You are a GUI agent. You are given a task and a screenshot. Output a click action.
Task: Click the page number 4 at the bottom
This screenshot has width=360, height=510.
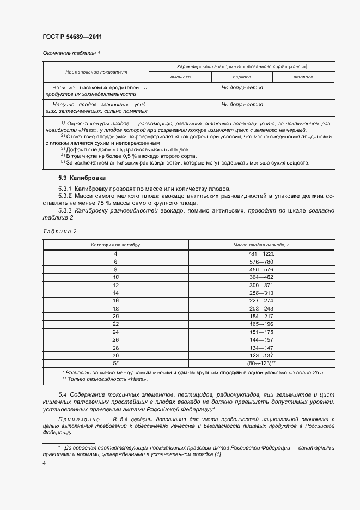44,463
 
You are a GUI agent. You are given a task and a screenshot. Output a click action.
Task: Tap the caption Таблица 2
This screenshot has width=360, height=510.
59,231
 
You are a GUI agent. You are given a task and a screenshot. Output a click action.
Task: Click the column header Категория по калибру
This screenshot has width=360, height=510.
115,245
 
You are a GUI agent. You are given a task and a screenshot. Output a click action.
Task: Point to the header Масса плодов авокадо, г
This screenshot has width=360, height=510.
261,245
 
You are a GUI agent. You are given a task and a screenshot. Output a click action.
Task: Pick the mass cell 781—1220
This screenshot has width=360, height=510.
261,254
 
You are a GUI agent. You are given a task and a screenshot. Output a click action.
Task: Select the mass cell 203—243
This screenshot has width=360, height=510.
261,308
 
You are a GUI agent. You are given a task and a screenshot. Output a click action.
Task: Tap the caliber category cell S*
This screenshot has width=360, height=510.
115,362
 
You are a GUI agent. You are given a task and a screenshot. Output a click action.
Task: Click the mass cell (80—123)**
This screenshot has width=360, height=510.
261,362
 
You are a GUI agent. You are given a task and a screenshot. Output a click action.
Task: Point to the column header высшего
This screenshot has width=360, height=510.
180,77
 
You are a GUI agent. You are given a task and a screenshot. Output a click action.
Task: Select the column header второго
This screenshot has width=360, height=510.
303,77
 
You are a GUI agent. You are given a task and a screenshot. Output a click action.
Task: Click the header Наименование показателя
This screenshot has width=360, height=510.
96,72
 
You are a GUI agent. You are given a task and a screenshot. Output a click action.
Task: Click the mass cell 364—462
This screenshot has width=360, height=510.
261,277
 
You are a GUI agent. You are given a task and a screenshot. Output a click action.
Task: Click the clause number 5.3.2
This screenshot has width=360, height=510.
67,195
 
